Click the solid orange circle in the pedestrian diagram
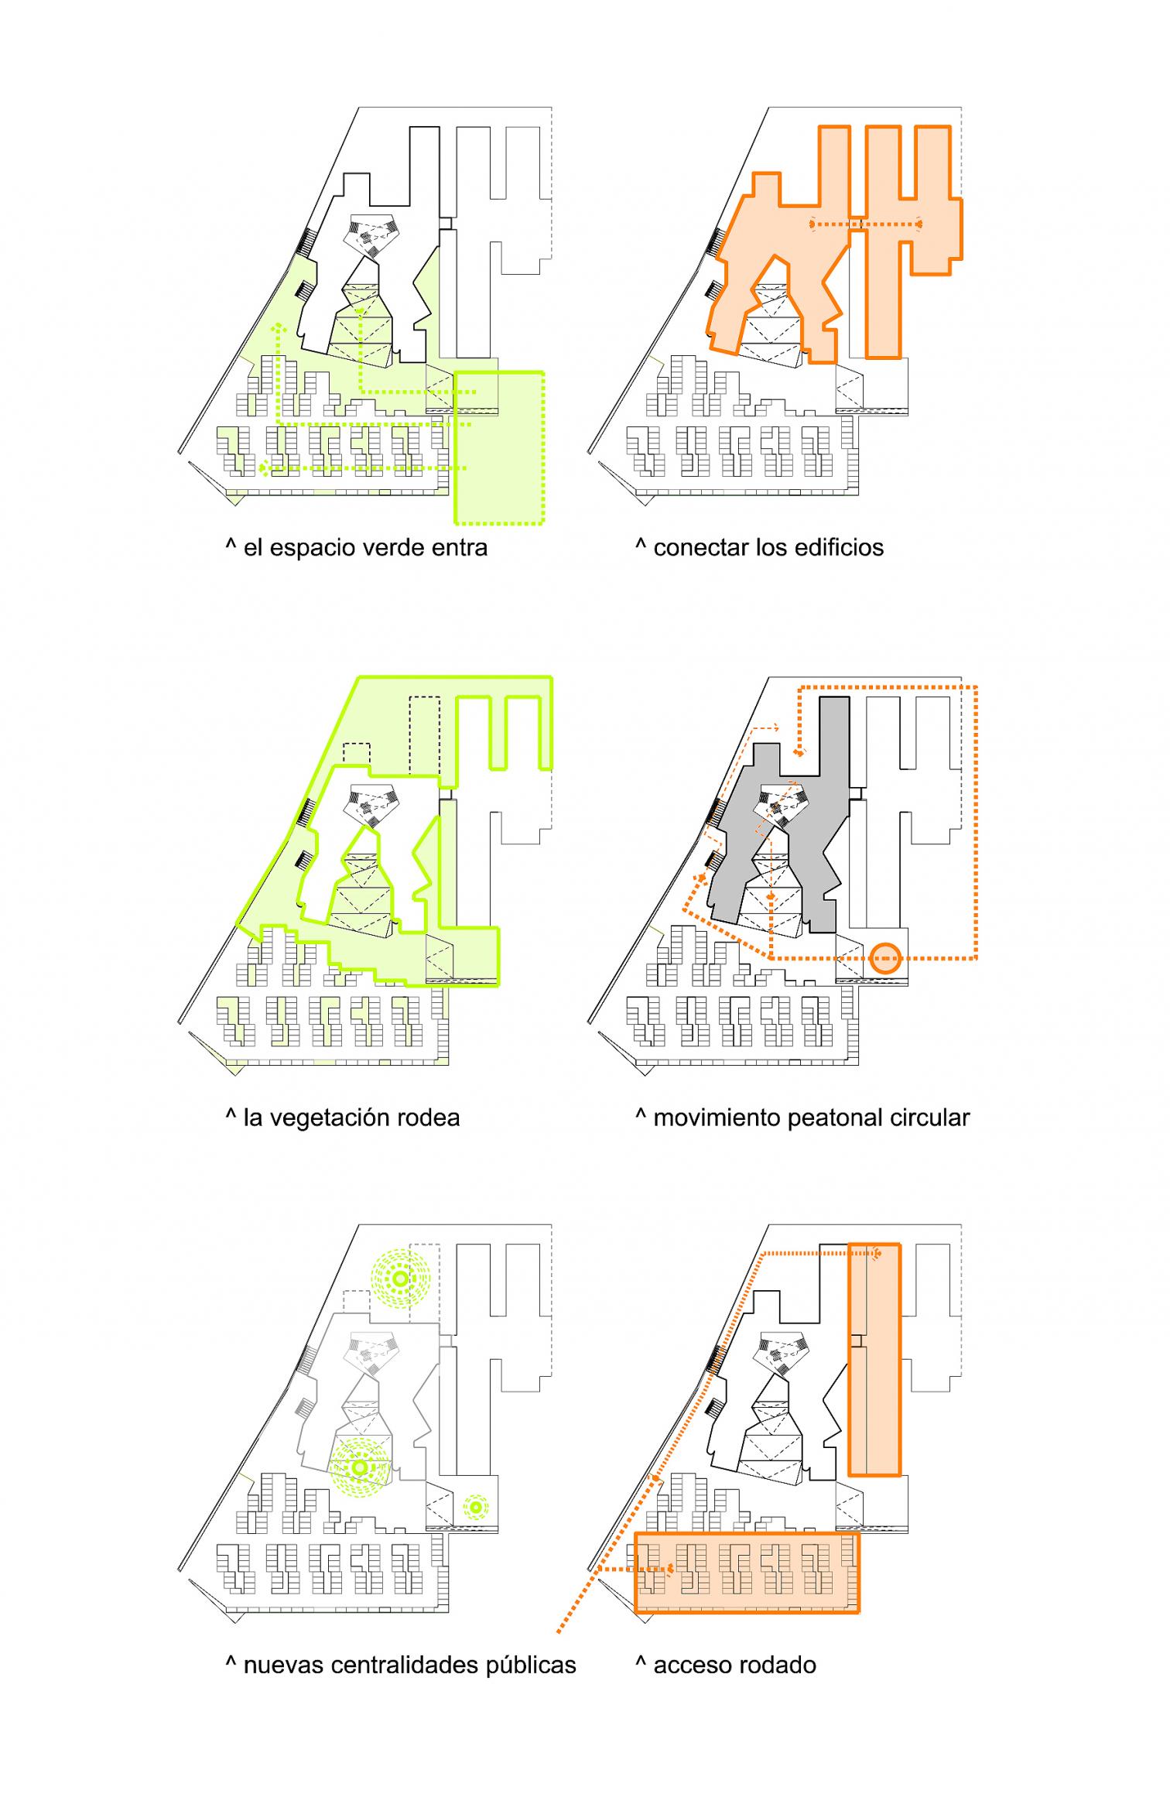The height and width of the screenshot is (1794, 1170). [884, 958]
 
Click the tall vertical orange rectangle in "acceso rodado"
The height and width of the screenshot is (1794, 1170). [874, 1359]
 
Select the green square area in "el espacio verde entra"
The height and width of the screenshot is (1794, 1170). [499, 448]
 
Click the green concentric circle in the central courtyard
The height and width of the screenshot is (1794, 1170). [359, 1467]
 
